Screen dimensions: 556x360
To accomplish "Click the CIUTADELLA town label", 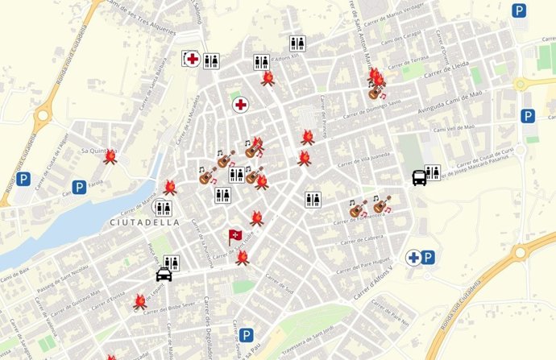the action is [x=139, y=221].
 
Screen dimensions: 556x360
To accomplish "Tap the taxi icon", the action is [x=164, y=275].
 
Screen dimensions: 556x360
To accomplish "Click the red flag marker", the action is [x=234, y=236].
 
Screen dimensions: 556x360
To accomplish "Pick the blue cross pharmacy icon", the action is [x=414, y=257].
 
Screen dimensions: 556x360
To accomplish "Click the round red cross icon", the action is [x=240, y=105].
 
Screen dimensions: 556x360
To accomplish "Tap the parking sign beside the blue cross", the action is [x=429, y=257].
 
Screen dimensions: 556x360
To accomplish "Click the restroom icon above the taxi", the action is [x=170, y=263].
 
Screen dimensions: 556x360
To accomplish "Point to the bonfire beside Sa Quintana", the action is [x=111, y=156].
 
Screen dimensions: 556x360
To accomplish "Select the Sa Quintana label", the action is [x=94, y=150].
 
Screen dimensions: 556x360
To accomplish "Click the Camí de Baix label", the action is [x=15, y=280].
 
